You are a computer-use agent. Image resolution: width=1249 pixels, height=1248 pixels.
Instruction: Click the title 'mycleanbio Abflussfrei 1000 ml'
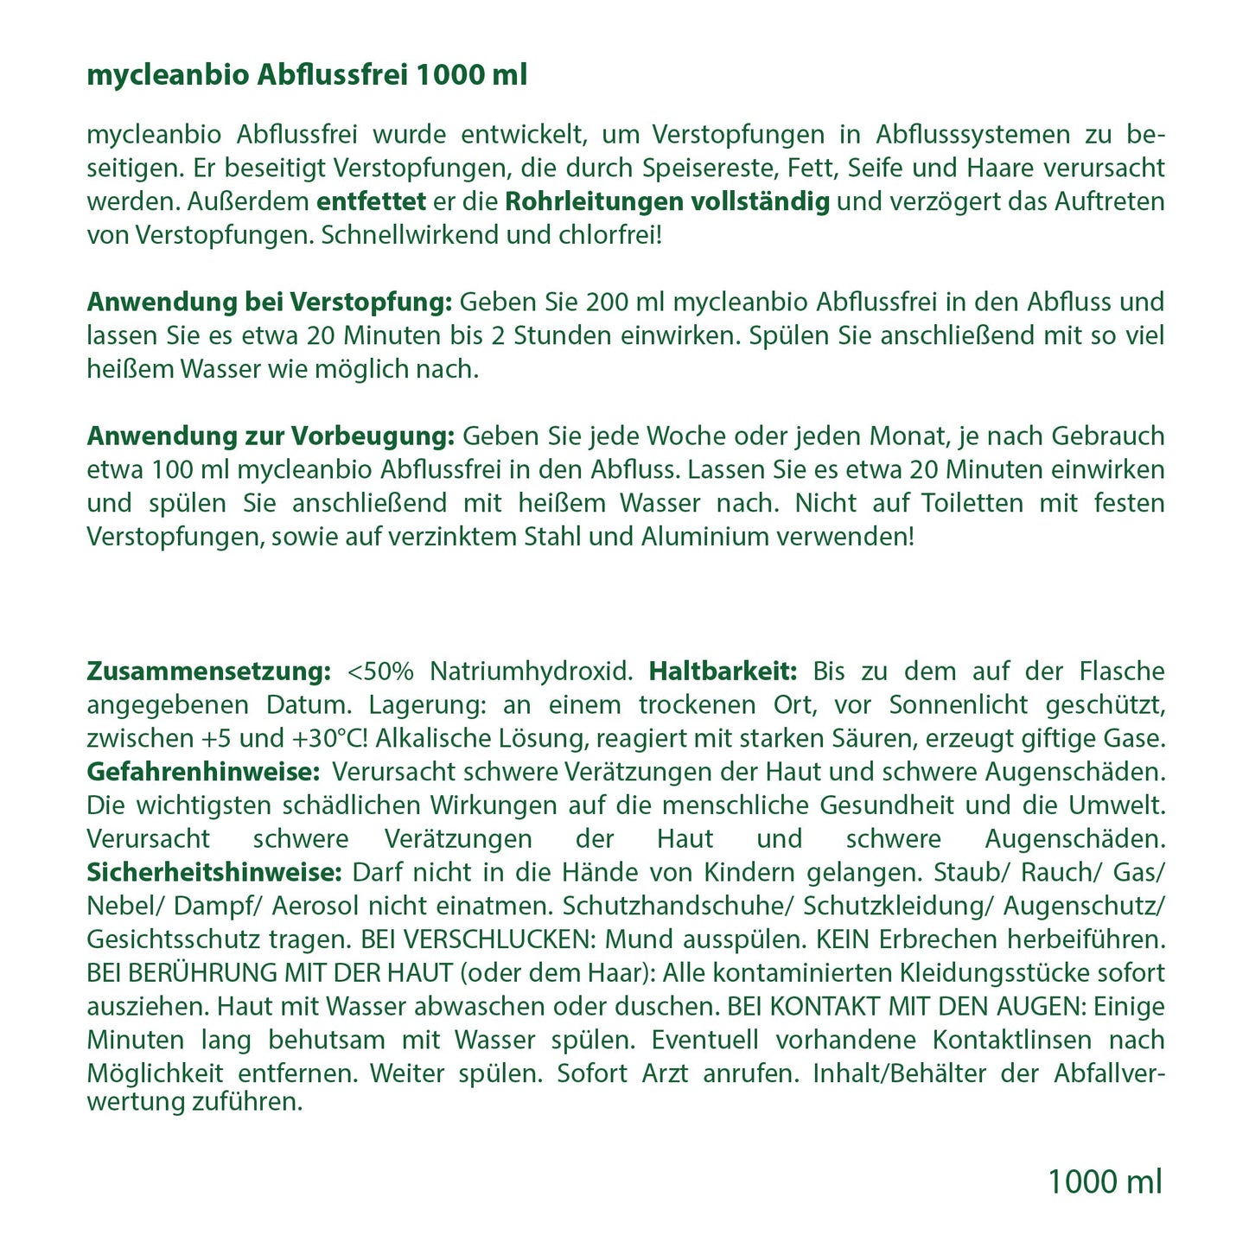click(307, 76)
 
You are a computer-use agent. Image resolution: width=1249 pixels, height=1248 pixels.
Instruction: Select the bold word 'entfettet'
click(371, 201)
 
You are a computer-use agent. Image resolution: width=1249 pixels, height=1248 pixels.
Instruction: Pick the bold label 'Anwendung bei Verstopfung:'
click(270, 302)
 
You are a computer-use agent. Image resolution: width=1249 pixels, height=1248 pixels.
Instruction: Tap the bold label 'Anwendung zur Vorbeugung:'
click(271, 436)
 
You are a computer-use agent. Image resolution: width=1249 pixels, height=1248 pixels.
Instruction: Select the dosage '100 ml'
click(189, 470)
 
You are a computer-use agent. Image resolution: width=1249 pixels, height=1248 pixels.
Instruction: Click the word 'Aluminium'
click(706, 537)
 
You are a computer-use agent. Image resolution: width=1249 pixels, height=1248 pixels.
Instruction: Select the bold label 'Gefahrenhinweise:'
click(204, 772)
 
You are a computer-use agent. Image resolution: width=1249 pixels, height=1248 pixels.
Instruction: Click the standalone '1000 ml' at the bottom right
click(1105, 1181)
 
